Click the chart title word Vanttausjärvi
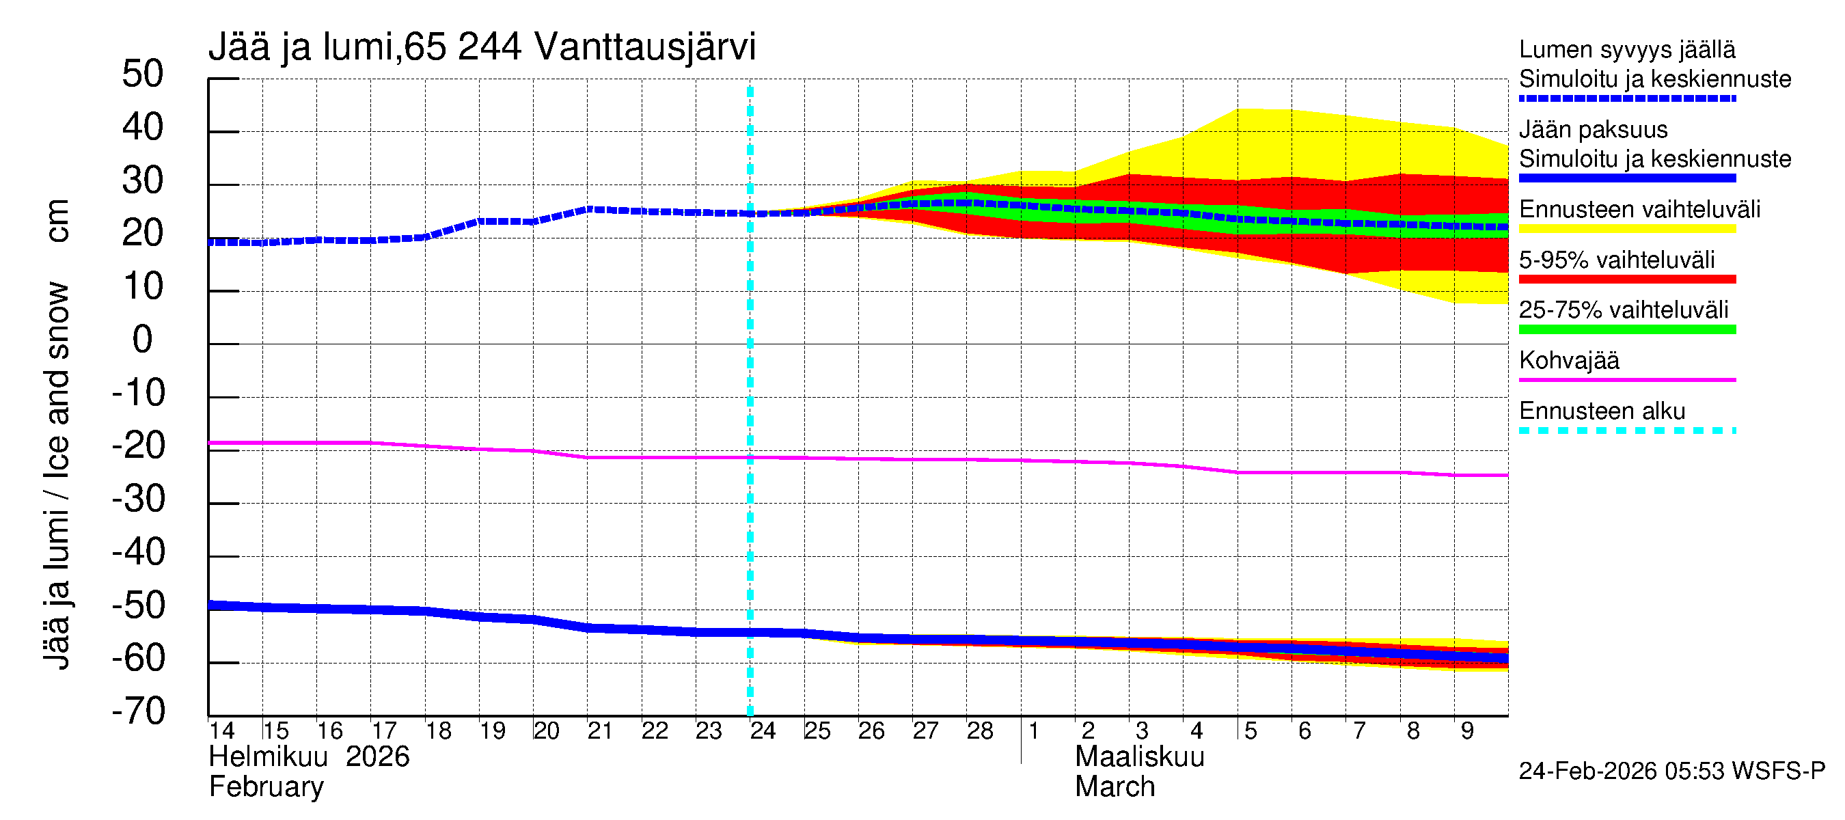pos(644,47)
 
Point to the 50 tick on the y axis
pos(143,74)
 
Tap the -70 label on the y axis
pos(138,711)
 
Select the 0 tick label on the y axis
pos(143,339)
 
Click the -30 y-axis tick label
pos(138,498)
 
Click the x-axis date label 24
pos(763,730)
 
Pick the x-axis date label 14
pos(221,730)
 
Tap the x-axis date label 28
pos(980,730)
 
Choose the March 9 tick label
pos(1467,730)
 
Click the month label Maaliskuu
pos(1140,757)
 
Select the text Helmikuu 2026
pos(309,757)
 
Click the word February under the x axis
pos(266,787)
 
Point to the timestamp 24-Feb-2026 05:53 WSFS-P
pos(1671,771)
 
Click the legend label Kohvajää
pos(1568,360)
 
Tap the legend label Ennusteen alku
pos(1602,411)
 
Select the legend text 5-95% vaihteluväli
pos(1617,260)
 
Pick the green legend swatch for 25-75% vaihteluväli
pos(1626,329)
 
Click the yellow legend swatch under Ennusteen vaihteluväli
pos(1626,228)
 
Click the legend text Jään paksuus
pos(1593,130)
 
